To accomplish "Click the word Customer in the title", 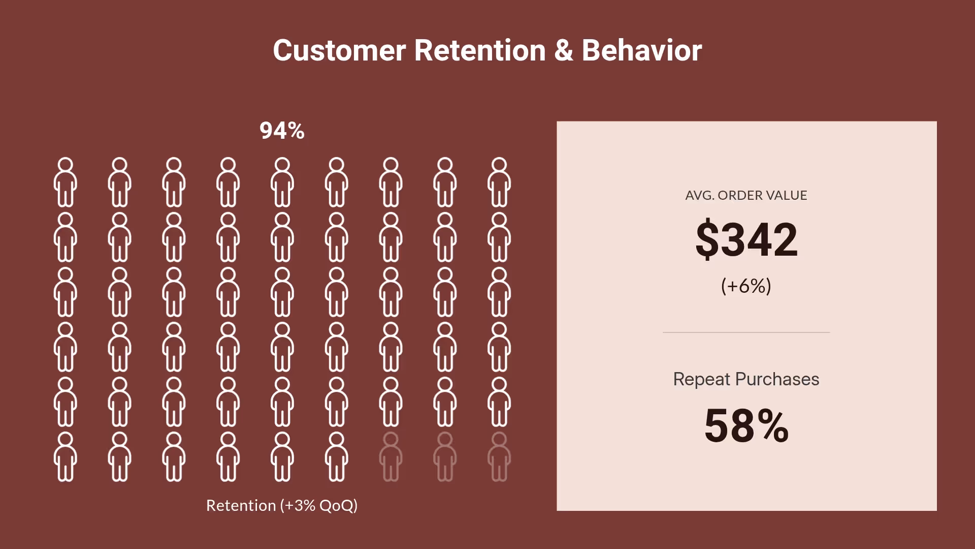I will (x=339, y=51).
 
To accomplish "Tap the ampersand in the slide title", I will (x=564, y=51).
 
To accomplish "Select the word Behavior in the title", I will (x=642, y=51).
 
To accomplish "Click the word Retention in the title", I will (x=480, y=51).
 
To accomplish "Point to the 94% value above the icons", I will (x=282, y=131).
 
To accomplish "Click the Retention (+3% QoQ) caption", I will (x=282, y=506).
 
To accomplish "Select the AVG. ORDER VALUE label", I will (x=746, y=195).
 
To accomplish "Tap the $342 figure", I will (x=746, y=239).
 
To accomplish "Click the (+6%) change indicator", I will (x=746, y=286).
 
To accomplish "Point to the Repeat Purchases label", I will (x=746, y=379).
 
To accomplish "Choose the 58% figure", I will (x=746, y=426).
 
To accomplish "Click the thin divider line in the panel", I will (x=746, y=332).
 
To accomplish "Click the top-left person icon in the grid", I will (x=66, y=182).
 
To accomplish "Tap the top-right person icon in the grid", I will (x=499, y=182).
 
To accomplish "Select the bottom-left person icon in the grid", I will (x=66, y=456).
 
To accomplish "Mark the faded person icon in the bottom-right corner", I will (x=499, y=456).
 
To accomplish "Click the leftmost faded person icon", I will (x=391, y=456).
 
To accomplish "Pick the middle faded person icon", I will (x=445, y=456).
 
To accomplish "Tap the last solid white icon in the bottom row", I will (x=336, y=456).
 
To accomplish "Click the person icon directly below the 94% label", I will (x=282, y=182).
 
